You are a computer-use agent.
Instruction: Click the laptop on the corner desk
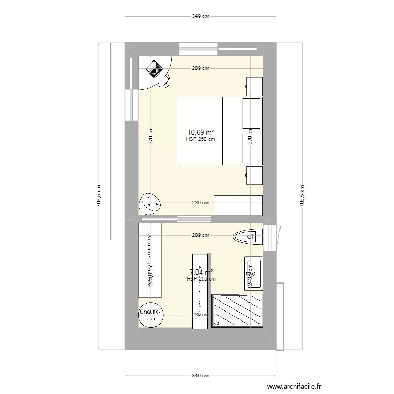[154, 68]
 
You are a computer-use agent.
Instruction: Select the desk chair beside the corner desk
[164, 81]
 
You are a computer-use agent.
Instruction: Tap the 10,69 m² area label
[201, 132]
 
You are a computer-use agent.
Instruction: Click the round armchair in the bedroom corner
[150, 203]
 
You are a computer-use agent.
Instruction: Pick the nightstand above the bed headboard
[255, 86]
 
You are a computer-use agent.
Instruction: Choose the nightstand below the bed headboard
[255, 175]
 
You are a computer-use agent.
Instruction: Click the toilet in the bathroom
[248, 237]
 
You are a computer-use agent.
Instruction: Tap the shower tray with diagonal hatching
[237, 311]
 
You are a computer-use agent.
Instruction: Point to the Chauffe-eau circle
[151, 315]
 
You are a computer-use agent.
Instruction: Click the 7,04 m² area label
[201, 272]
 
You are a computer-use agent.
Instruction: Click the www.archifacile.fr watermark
[294, 386]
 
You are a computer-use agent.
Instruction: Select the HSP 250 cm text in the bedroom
[201, 140]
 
